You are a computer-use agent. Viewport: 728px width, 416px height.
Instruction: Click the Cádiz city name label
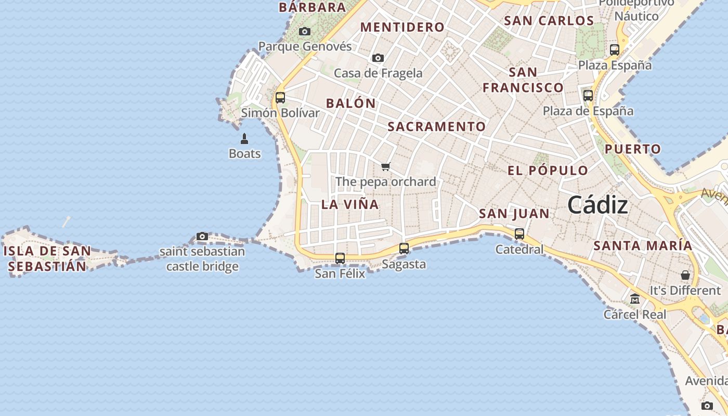point(597,205)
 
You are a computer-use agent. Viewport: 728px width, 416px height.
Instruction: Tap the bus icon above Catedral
point(519,234)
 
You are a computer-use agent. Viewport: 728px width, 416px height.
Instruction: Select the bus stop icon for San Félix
point(340,258)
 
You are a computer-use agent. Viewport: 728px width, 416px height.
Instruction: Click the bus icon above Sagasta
point(404,249)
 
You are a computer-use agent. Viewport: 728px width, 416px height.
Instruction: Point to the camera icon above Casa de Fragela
point(378,58)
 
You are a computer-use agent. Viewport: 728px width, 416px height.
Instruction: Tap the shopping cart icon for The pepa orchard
point(385,166)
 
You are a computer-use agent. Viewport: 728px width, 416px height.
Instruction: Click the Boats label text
point(244,153)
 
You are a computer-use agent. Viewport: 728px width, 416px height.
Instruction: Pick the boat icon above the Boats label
point(244,139)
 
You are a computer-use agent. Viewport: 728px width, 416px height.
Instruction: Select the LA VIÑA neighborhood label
point(350,204)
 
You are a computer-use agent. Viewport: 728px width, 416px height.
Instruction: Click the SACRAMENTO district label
point(437,126)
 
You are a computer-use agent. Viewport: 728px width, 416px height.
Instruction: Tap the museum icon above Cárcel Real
point(635,299)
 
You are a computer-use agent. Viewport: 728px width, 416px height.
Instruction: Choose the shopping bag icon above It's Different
point(685,275)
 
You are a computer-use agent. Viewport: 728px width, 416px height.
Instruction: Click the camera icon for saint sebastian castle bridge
point(202,237)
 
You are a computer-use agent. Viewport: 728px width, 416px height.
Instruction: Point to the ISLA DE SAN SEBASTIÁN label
point(47,258)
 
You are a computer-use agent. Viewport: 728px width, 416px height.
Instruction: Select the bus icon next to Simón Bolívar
point(280,98)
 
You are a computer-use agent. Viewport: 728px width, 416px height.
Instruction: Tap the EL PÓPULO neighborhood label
point(548,171)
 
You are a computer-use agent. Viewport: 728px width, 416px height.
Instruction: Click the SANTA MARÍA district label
point(643,245)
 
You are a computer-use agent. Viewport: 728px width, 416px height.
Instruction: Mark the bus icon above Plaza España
point(615,50)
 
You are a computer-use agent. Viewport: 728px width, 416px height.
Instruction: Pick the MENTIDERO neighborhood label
point(402,27)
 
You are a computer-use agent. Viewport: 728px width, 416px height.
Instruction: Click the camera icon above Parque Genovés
point(305,32)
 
